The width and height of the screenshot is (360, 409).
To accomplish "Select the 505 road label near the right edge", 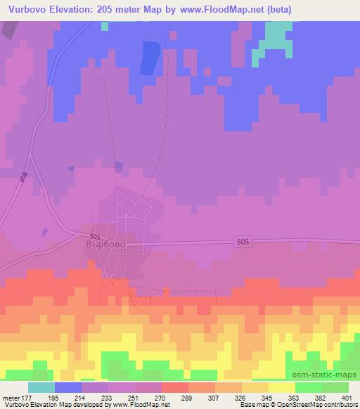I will point(241,241).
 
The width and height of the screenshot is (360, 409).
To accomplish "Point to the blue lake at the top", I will point(149,58).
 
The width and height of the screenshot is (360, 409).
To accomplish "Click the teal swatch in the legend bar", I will point(41,387).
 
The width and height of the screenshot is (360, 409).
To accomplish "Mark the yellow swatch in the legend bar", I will point(281,387).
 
